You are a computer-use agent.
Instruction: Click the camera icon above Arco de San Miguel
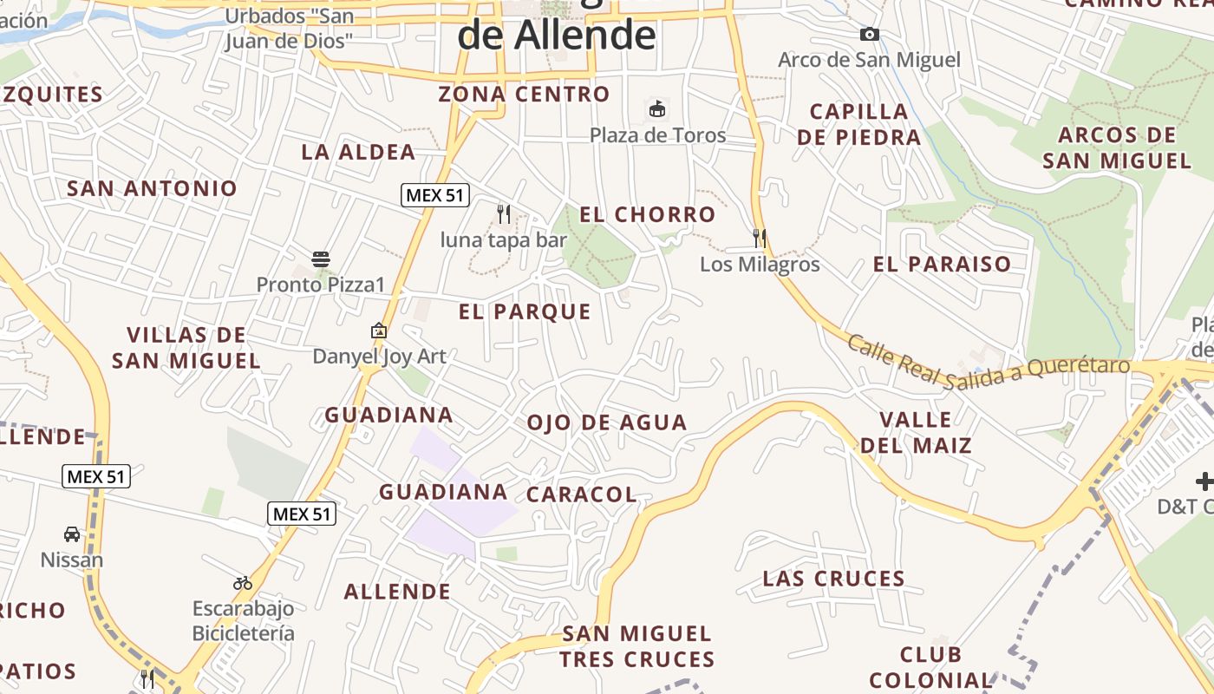pyautogui.click(x=869, y=35)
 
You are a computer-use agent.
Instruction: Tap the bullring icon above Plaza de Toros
pyautogui.click(x=657, y=109)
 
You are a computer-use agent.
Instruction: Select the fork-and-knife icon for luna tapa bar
pyautogui.click(x=504, y=213)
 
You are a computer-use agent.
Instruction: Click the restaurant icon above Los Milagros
pyautogui.click(x=760, y=238)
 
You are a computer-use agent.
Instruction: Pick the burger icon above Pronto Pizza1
pyautogui.click(x=321, y=259)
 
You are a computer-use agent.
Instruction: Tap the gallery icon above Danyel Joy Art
pyautogui.click(x=379, y=331)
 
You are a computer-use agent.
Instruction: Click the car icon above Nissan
pyautogui.click(x=72, y=534)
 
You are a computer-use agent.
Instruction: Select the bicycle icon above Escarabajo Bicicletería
pyautogui.click(x=243, y=583)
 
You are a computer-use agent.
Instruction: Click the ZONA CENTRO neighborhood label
pyautogui.click(x=524, y=94)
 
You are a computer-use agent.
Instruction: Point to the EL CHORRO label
pyautogui.click(x=648, y=214)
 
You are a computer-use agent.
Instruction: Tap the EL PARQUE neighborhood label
pyautogui.click(x=525, y=311)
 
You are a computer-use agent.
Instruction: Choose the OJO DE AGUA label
pyautogui.click(x=607, y=422)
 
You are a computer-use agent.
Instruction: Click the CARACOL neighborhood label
pyautogui.click(x=581, y=494)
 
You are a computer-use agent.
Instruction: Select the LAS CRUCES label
pyautogui.click(x=834, y=579)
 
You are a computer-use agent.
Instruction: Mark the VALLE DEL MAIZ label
pyautogui.click(x=916, y=433)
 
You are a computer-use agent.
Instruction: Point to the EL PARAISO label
pyautogui.click(x=943, y=265)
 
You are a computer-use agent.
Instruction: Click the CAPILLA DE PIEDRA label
pyautogui.click(x=858, y=124)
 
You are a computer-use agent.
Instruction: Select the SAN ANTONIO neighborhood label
pyautogui.click(x=152, y=188)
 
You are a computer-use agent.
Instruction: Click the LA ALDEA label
pyautogui.click(x=358, y=152)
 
